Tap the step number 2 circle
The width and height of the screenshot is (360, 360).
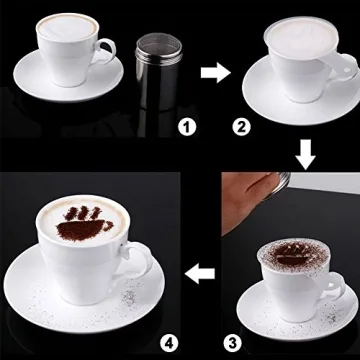[x=241, y=126]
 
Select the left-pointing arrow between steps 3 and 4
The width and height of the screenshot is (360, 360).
[x=203, y=271]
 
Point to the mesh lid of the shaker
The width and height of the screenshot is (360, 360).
[x=152, y=42]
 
